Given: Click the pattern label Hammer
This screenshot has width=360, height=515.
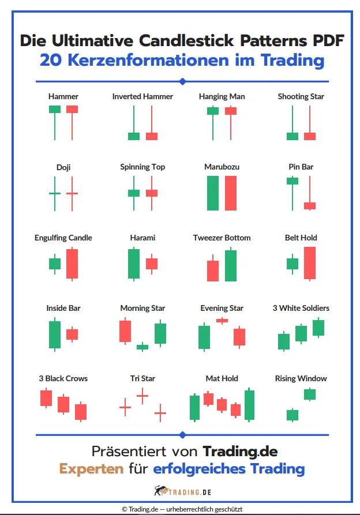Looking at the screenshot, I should coord(63,96).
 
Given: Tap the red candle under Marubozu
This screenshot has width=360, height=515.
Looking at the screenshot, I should coord(231,193).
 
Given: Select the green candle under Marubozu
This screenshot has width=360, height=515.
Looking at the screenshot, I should coord(213,193).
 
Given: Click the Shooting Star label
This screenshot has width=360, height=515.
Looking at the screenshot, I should coord(301,96).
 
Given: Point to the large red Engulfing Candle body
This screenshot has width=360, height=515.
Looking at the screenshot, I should coord(72,264).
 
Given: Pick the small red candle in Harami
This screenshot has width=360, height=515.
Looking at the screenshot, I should coord(152,264).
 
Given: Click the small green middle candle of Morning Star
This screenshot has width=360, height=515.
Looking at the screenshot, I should coord(142,347).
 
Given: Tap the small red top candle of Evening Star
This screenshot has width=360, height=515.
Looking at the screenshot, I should coord(222,320).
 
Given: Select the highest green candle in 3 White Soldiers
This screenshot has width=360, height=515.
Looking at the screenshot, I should coord(318,328).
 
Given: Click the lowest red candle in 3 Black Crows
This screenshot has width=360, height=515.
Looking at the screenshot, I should coord(81,411).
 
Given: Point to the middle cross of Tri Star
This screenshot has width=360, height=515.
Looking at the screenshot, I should coord(142,396).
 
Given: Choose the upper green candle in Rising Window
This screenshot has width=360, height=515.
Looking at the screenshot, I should coord(310,394).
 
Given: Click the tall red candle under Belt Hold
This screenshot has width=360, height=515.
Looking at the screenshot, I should coord(310,263).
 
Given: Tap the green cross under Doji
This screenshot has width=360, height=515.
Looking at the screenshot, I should coord(55,193).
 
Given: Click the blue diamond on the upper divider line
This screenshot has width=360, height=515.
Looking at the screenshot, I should coord(182,81).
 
